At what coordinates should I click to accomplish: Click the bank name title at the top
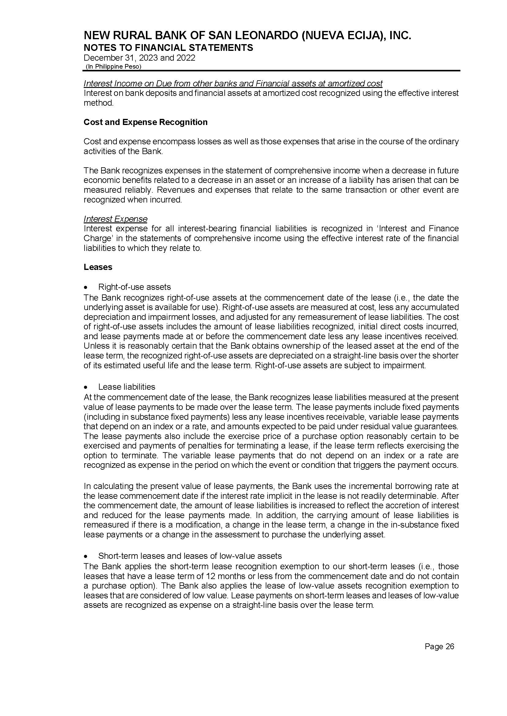[247, 36]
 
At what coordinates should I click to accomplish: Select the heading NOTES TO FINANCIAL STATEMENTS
[168, 48]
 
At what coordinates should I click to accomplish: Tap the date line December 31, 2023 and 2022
[139, 58]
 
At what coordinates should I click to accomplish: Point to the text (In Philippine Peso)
[113, 66]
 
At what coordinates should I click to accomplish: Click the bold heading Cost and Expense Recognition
[146, 122]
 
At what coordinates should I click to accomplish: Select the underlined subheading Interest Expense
[115, 219]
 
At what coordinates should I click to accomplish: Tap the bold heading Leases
[98, 267]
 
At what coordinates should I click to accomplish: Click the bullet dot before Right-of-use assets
[86, 287]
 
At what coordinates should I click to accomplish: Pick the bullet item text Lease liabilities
[126, 387]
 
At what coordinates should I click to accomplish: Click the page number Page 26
[439, 646]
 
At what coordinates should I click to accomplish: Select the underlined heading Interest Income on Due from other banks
[233, 84]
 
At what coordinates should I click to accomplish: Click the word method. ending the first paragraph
[98, 103]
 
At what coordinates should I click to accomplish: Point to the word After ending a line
[450, 496]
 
